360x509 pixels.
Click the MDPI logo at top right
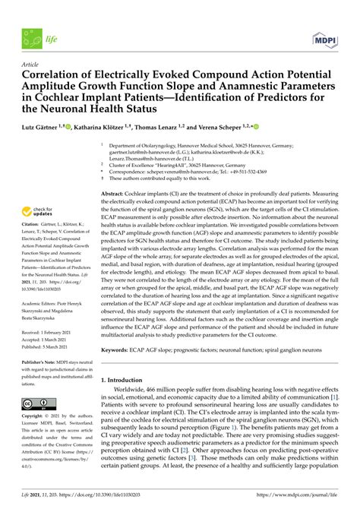click(x=325, y=38)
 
